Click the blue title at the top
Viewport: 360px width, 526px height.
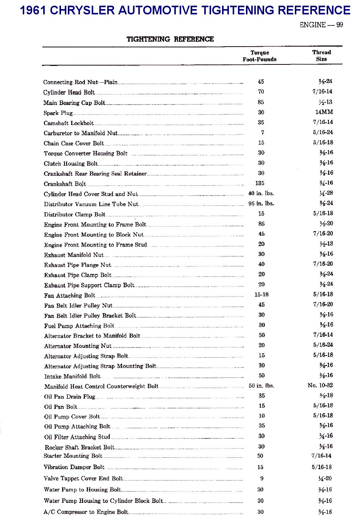point(185,10)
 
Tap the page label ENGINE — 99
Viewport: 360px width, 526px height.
point(321,25)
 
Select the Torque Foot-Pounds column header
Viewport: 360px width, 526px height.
point(260,56)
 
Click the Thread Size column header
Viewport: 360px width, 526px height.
point(321,56)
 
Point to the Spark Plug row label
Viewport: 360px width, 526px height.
point(58,113)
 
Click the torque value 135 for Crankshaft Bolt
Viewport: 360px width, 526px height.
point(260,183)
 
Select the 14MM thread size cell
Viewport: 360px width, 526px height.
point(324,112)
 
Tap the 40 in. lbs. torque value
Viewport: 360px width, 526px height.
point(261,193)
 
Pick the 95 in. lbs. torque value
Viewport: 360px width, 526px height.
point(261,204)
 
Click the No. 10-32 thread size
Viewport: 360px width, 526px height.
point(320,385)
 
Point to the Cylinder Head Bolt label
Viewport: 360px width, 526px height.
point(69,92)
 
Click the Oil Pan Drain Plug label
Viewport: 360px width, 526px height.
point(70,397)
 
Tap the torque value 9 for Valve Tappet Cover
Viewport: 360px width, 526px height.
point(261,479)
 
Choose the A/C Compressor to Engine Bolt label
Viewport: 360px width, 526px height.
point(86,512)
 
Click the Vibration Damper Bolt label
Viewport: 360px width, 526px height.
point(74,467)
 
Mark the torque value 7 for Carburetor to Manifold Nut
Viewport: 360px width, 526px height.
point(262,133)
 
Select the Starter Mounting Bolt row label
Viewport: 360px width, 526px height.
point(73,456)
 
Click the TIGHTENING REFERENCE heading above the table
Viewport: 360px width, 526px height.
point(170,39)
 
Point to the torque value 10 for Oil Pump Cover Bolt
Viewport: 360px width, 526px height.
point(261,416)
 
